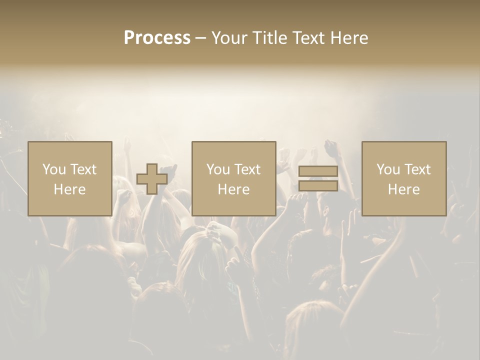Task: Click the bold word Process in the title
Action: [157, 38]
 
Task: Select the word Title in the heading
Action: [271, 38]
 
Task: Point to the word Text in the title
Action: [309, 38]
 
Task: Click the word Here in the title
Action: [349, 38]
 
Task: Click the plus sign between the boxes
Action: [152, 179]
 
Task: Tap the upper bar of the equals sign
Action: [318, 172]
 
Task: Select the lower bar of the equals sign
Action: [318, 185]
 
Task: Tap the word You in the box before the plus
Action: [53, 169]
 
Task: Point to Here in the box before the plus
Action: [70, 189]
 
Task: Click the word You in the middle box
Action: [217, 169]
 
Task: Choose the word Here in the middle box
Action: [234, 189]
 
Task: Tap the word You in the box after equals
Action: [387, 169]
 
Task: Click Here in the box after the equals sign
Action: [404, 189]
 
